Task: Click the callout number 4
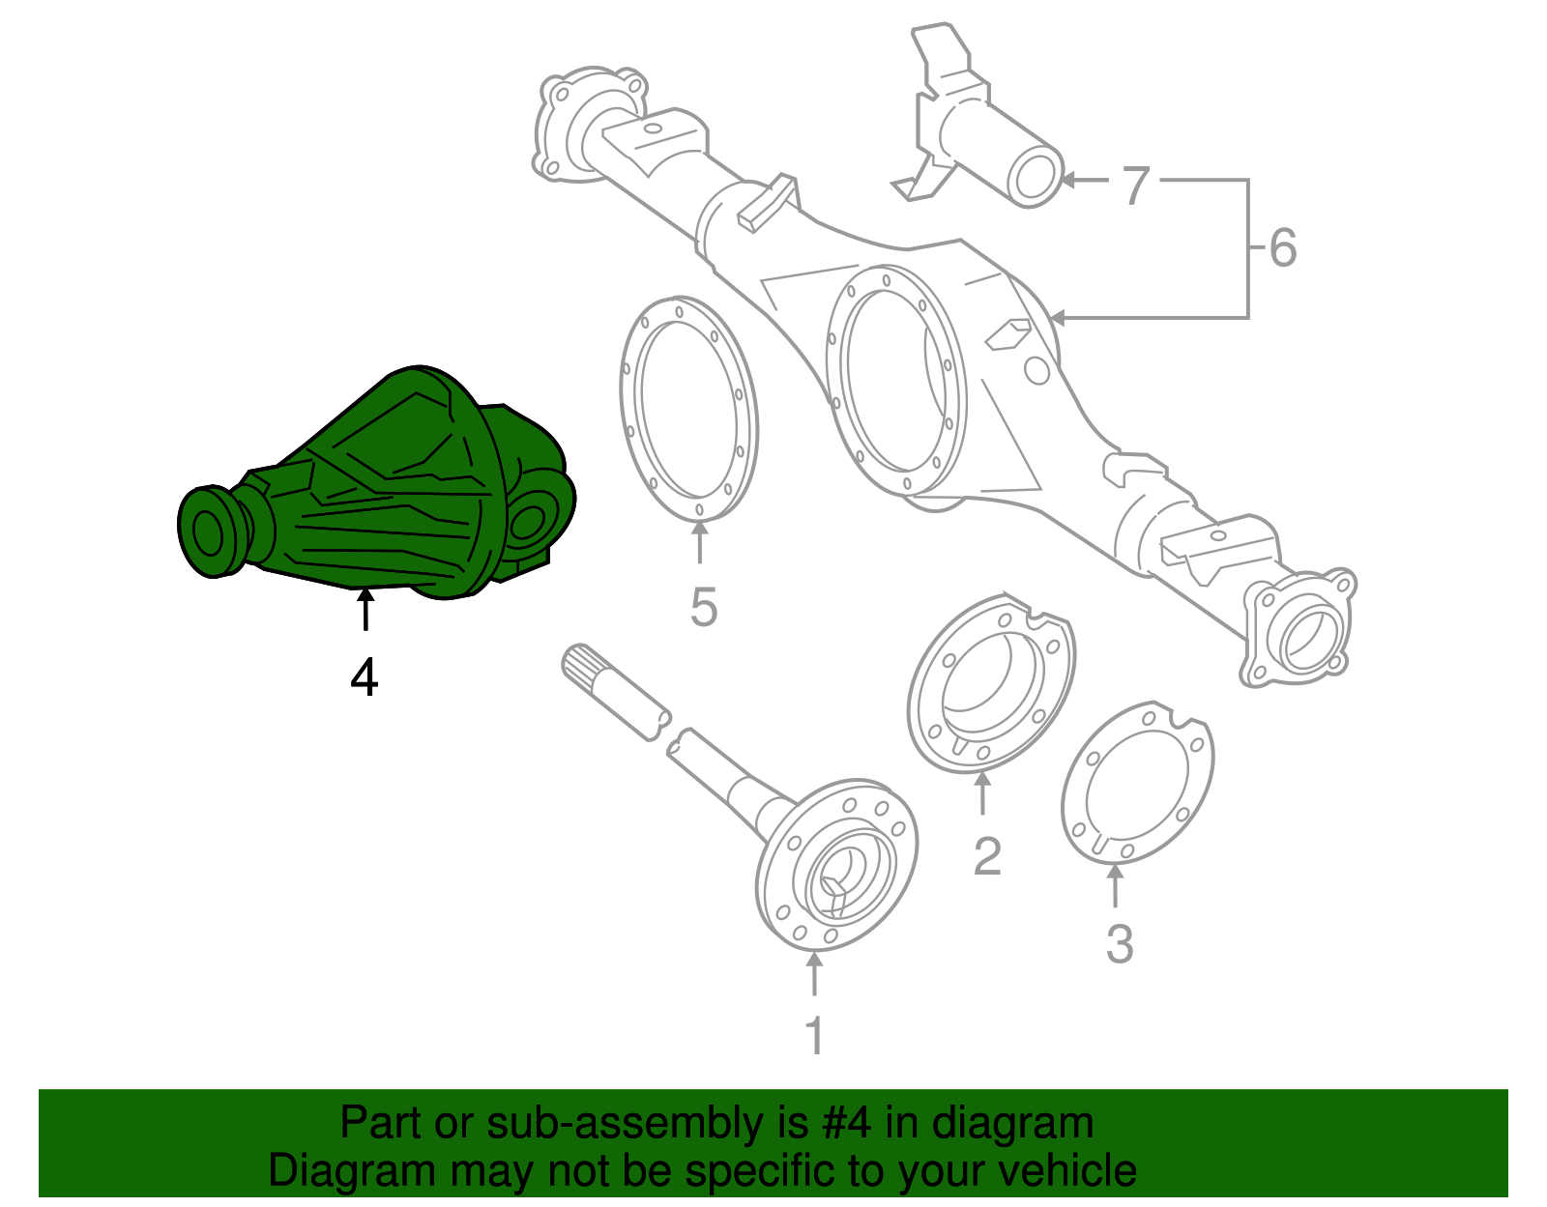[364, 677]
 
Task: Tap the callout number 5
[703, 608]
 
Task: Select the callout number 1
[814, 1035]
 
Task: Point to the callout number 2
[986, 856]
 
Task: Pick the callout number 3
[1119, 944]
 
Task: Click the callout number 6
[1282, 248]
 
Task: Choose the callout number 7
[1135, 185]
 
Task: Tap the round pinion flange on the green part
[210, 532]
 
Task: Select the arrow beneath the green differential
[365, 611]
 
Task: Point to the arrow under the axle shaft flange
[814, 974]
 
